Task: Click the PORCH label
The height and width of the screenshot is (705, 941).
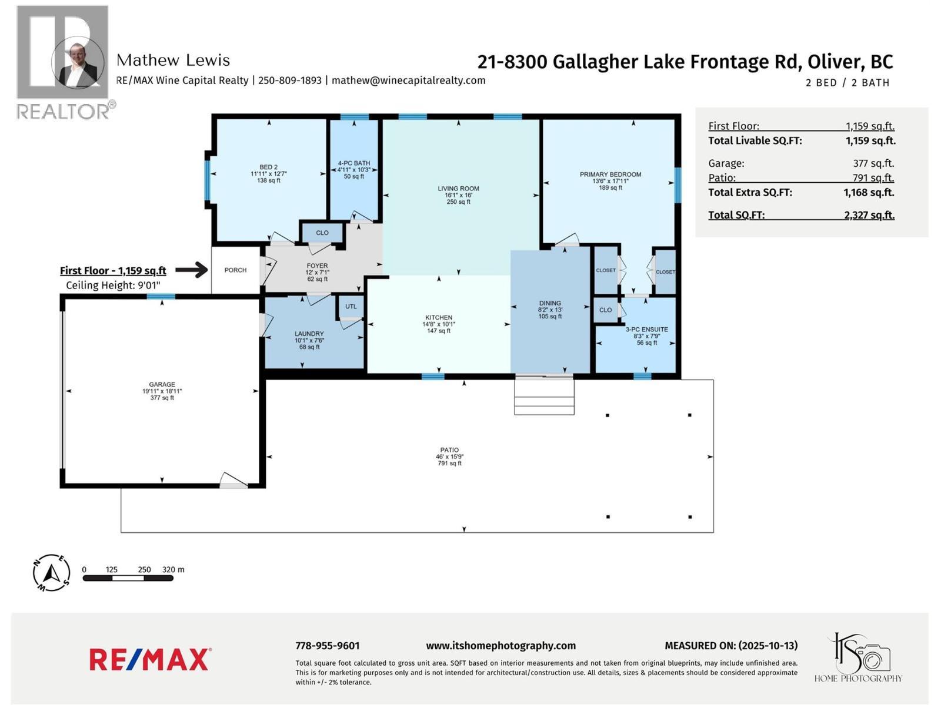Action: [x=235, y=270]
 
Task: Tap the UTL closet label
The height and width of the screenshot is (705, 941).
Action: [x=351, y=307]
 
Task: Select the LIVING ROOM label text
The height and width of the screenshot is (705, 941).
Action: [x=458, y=189]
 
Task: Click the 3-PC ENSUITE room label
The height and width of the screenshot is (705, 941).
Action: [x=646, y=330]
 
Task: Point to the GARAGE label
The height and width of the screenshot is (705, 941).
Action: [x=162, y=385]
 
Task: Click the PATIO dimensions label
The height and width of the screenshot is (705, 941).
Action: [x=449, y=457]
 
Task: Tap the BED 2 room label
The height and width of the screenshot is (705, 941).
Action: [x=268, y=167]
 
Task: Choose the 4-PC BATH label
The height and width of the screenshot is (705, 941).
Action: [x=353, y=163]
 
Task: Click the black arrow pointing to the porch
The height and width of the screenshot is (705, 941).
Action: [x=192, y=270]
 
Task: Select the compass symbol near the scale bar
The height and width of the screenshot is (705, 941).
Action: [x=52, y=572]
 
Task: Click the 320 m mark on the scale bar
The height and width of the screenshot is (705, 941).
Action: [x=173, y=570]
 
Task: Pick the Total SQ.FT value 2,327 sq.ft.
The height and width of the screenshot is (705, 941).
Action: [x=869, y=215]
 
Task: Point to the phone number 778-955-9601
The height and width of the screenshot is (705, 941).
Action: [x=327, y=646]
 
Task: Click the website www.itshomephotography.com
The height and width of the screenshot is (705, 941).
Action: [x=500, y=646]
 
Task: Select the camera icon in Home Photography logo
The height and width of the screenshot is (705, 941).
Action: [x=874, y=657]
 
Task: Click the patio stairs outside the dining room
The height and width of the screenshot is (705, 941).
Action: [x=544, y=397]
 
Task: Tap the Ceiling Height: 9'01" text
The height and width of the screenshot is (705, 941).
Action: [x=113, y=286]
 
